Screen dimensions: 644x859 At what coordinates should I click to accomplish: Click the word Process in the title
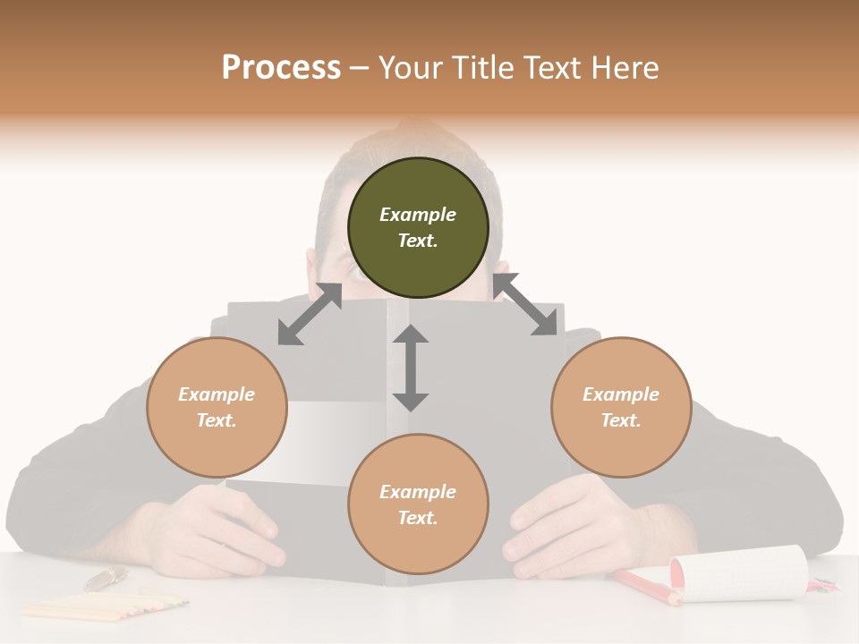point(281,68)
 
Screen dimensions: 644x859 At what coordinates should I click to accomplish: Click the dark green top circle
point(418,227)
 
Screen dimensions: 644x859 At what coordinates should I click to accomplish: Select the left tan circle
point(217,407)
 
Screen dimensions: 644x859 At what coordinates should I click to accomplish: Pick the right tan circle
point(621,407)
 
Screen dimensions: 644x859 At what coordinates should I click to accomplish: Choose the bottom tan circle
point(418,504)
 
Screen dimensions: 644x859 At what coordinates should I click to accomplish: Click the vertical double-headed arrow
point(411,368)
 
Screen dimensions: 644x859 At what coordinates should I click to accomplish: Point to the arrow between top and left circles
point(310,314)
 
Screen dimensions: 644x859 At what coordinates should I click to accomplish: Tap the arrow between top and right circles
point(525,305)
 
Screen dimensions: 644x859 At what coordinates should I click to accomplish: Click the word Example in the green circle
point(418,215)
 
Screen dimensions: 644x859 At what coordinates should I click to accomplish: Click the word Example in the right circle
point(621,394)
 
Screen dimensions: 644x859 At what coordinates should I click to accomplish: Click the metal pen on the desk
point(106,578)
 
